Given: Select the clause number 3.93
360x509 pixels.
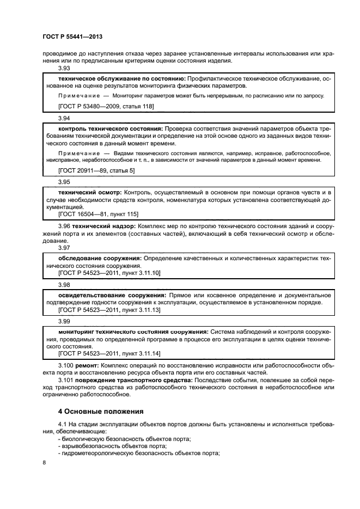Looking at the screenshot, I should click(x=64, y=69).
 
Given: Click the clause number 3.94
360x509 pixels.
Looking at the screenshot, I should click(x=64, y=118).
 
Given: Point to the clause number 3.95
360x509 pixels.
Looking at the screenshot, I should click(x=64, y=182).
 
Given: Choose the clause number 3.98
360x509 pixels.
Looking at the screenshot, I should click(x=64, y=284).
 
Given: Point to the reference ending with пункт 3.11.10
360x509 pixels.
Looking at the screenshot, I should click(x=109, y=272).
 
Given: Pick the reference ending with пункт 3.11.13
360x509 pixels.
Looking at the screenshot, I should click(x=109, y=309).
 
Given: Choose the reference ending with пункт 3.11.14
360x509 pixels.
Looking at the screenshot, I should click(x=109, y=353).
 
